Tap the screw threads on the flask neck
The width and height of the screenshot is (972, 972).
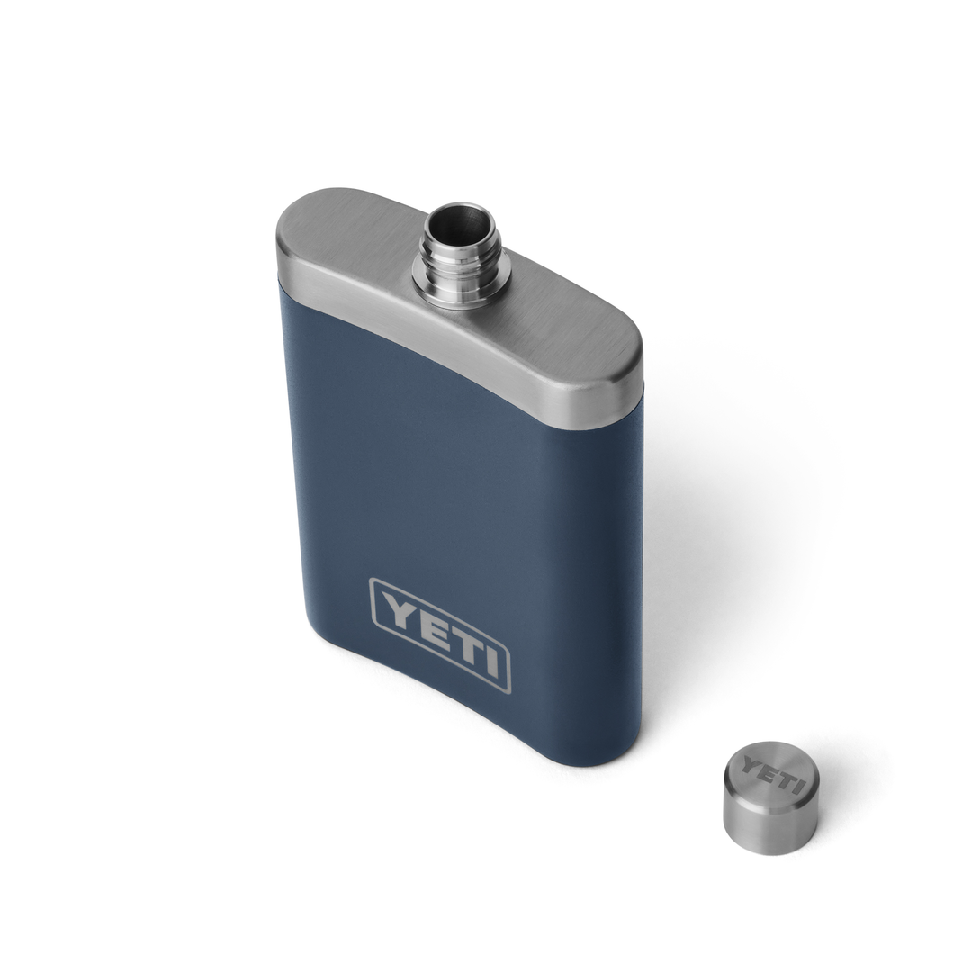pyautogui.click(x=461, y=256)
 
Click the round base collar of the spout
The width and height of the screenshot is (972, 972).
pyautogui.click(x=462, y=286)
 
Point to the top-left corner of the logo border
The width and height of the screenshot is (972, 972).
pyautogui.click(x=373, y=581)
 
